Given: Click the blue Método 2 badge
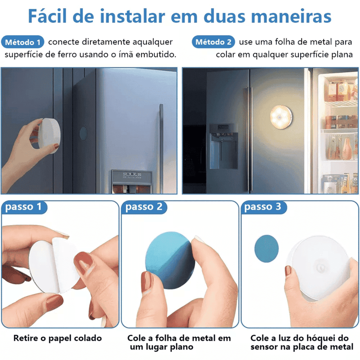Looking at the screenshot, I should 214,42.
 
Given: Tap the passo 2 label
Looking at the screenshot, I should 144,207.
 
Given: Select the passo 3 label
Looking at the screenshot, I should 264,207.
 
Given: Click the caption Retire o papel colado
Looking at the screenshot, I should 58,338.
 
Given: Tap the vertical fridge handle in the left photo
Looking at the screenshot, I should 161,135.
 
